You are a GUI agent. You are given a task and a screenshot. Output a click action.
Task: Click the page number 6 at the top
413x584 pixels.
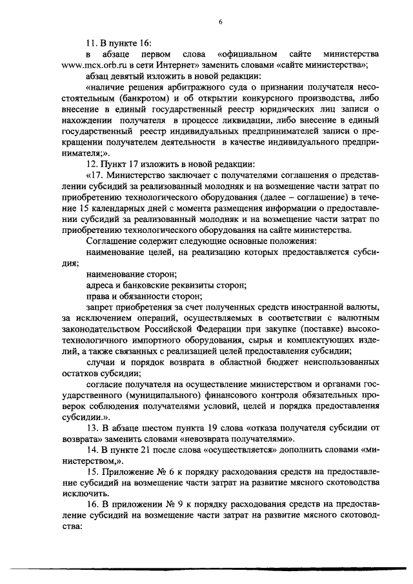tap(220, 22)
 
